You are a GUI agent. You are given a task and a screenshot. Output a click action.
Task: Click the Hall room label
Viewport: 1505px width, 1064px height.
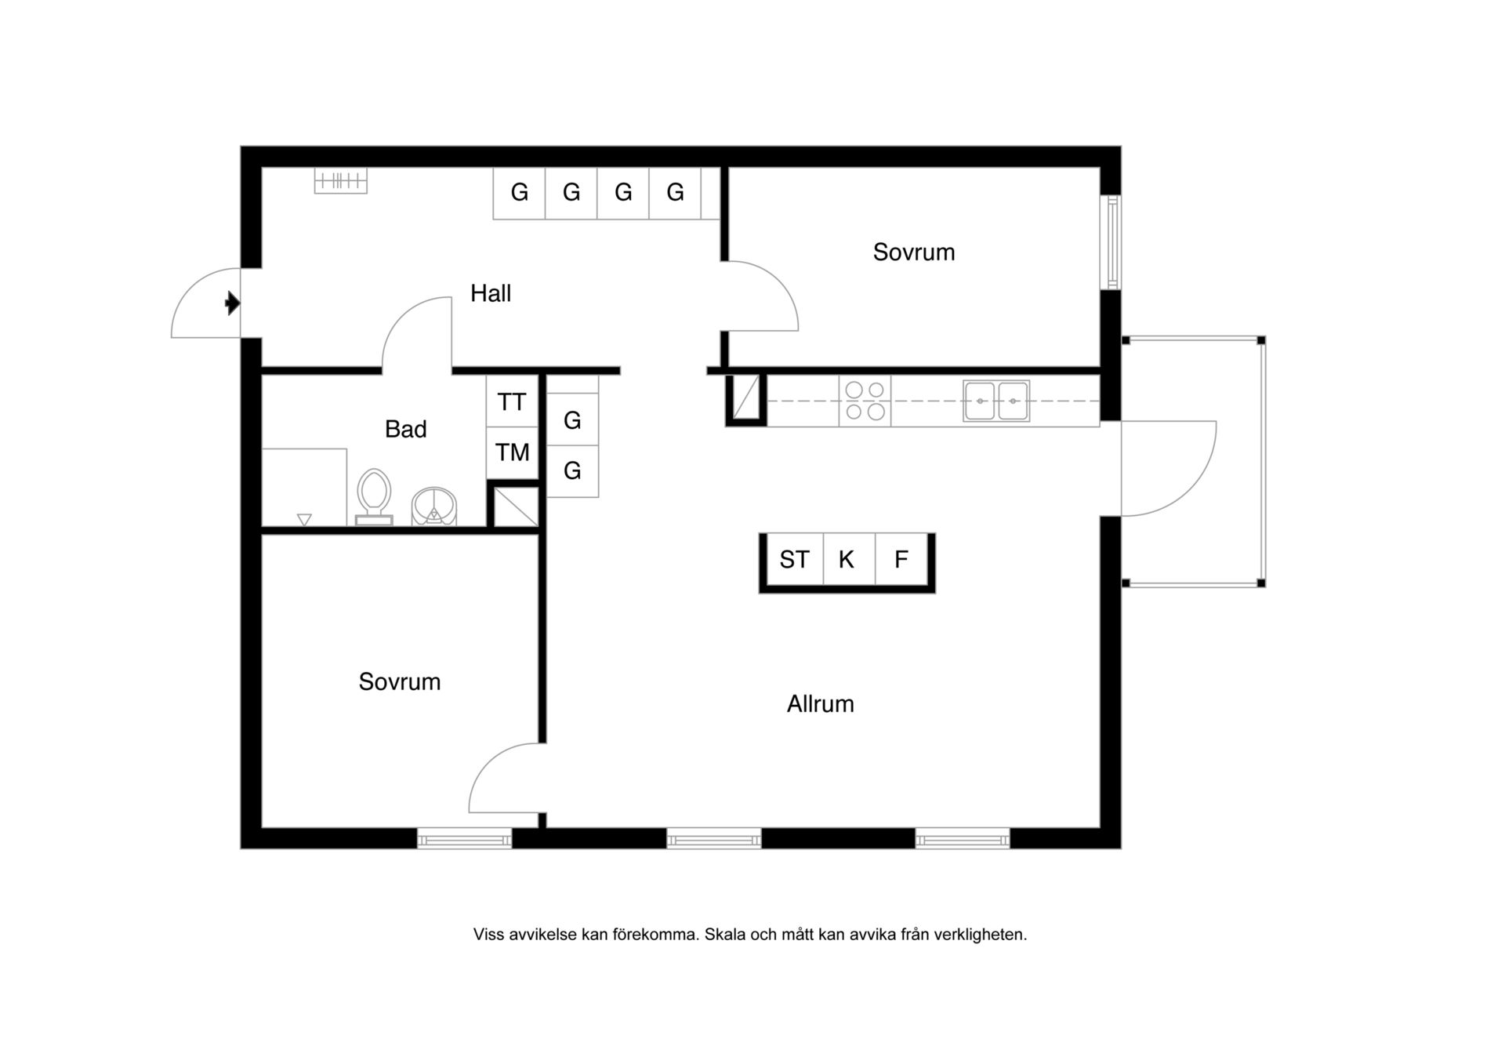(491, 293)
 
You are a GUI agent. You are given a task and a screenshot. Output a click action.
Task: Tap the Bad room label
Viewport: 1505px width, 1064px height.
(406, 429)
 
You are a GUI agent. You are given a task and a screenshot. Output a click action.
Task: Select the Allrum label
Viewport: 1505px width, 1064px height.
(821, 703)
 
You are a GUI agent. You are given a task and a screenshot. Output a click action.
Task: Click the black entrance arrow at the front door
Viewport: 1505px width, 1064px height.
(232, 303)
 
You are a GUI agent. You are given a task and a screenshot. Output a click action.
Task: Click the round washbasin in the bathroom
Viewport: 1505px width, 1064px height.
(434, 507)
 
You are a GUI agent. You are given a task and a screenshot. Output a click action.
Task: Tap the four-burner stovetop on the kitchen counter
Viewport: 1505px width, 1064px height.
(865, 401)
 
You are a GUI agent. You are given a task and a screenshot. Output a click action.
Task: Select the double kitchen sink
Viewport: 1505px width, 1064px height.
(996, 401)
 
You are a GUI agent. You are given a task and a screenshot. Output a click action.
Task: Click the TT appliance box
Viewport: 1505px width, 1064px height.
(512, 401)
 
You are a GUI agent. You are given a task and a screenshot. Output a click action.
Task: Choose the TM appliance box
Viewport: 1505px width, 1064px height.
(512, 452)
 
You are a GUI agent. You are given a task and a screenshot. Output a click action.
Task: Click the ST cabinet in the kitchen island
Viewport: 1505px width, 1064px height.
(794, 559)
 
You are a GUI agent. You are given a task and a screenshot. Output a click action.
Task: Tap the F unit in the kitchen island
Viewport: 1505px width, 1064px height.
(901, 559)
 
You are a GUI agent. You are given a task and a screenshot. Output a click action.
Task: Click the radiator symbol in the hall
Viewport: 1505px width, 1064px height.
(341, 181)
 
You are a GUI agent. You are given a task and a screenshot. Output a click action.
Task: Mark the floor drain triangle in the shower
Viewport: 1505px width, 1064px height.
(305, 519)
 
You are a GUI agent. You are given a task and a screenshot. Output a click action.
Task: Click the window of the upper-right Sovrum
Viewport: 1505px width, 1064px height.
(1111, 242)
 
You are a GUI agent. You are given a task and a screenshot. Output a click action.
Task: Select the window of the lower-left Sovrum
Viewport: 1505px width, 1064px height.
(465, 839)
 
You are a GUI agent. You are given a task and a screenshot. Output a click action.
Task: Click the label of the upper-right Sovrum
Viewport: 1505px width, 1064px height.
(914, 252)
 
